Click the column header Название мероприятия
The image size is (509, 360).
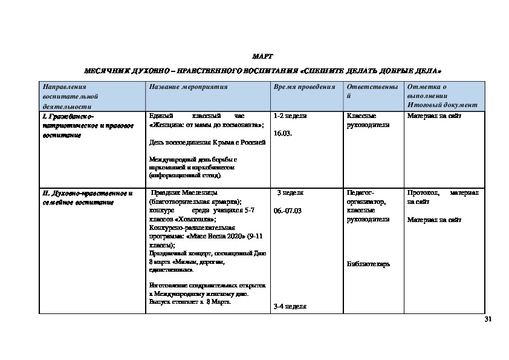(x=188, y=87)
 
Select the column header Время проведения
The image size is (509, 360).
(x=304, y=87)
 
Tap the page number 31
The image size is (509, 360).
(x=489, y=319)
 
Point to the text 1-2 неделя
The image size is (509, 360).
(x=290, y=115)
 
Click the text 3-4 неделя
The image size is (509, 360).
(x=290, y=307)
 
